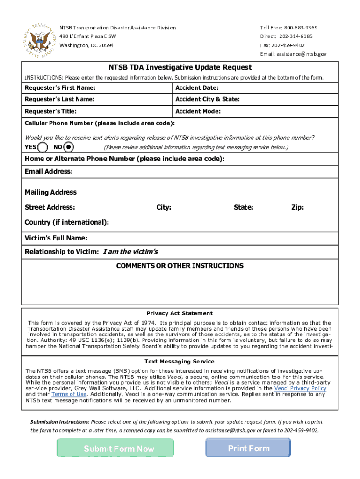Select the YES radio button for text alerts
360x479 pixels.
(43, 147)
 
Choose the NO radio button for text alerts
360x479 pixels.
(68, 147)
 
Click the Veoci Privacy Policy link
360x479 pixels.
(300, 388)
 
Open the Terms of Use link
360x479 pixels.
(69, 394)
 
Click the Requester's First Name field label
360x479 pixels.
(60, 88)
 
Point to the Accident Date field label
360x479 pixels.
(197, 88)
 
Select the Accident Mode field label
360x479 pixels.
(198, 111)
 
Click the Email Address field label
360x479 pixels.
(49, 172)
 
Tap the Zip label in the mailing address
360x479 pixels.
(297, 207)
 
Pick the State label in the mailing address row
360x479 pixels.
(244, 207)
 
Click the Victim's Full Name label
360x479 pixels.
(56, 239)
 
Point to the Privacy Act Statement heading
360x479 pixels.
(180, 313)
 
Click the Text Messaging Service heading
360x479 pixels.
(180, 362)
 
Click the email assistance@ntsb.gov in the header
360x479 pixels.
(301, 54)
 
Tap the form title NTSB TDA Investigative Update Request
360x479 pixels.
(180, 67)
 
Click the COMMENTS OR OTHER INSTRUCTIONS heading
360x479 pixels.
(180, 266)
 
